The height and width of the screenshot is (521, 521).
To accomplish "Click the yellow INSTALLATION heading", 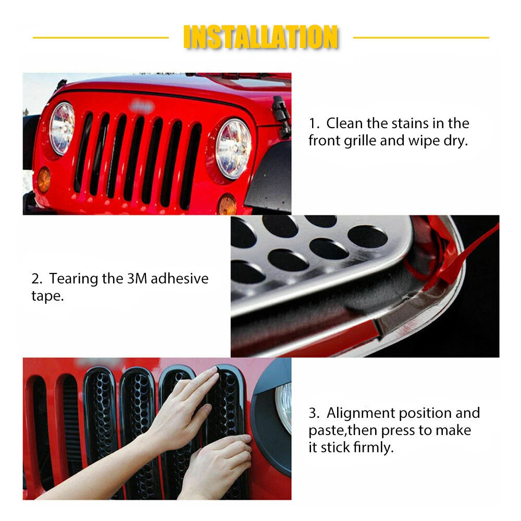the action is pos(261,36).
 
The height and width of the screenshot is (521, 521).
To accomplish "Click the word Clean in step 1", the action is pos(344,123).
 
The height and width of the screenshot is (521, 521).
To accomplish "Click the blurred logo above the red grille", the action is pos(142,106).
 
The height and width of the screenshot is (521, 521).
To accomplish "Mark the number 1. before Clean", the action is pos(314,123).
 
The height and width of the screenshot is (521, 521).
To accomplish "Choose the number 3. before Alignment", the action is pos(314,413).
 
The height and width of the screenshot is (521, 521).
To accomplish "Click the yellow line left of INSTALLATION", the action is pos(101,38).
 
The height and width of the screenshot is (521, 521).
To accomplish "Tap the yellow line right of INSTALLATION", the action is pos(421,38).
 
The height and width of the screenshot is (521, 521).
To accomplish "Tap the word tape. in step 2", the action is pos(47,296).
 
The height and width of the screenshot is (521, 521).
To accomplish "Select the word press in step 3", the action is pos(398,431).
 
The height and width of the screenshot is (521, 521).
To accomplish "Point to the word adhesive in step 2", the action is pos(179,278).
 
